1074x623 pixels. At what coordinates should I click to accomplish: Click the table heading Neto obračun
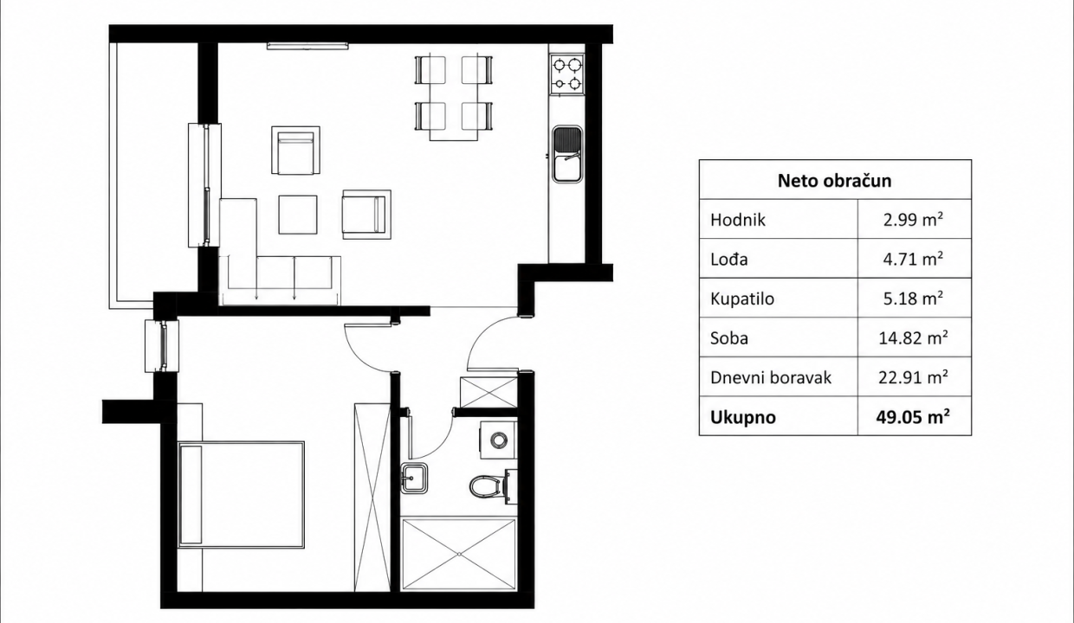(834, 181)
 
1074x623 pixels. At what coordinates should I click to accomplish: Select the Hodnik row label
(737, 220)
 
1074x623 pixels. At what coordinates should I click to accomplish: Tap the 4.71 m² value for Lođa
(913, 259)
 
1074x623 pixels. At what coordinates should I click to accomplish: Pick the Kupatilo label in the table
(742, 299)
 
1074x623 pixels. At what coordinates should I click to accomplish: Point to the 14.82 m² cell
(913, 338)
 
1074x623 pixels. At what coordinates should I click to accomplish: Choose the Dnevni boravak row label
(771, 377)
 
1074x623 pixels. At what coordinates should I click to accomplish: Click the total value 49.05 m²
(913, 417)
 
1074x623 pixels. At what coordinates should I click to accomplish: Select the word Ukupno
(742, 418)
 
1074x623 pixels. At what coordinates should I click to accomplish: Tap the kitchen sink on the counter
(567, 154)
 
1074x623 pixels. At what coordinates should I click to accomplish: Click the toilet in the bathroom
(493, 486)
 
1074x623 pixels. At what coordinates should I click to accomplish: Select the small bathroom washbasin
(414, 478)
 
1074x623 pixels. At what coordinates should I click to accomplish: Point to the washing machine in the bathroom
(499, 440)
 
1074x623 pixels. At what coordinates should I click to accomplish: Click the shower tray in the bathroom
(459, 554)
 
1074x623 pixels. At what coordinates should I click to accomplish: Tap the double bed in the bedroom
(241, 495)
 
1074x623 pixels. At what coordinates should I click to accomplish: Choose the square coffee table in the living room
(298, 215)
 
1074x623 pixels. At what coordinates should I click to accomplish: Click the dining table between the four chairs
(454, 98)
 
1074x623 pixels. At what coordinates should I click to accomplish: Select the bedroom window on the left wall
(162, 346)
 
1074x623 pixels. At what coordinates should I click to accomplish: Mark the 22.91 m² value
(913, 377)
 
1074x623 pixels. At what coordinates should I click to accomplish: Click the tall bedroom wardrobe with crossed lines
(372, 497)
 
